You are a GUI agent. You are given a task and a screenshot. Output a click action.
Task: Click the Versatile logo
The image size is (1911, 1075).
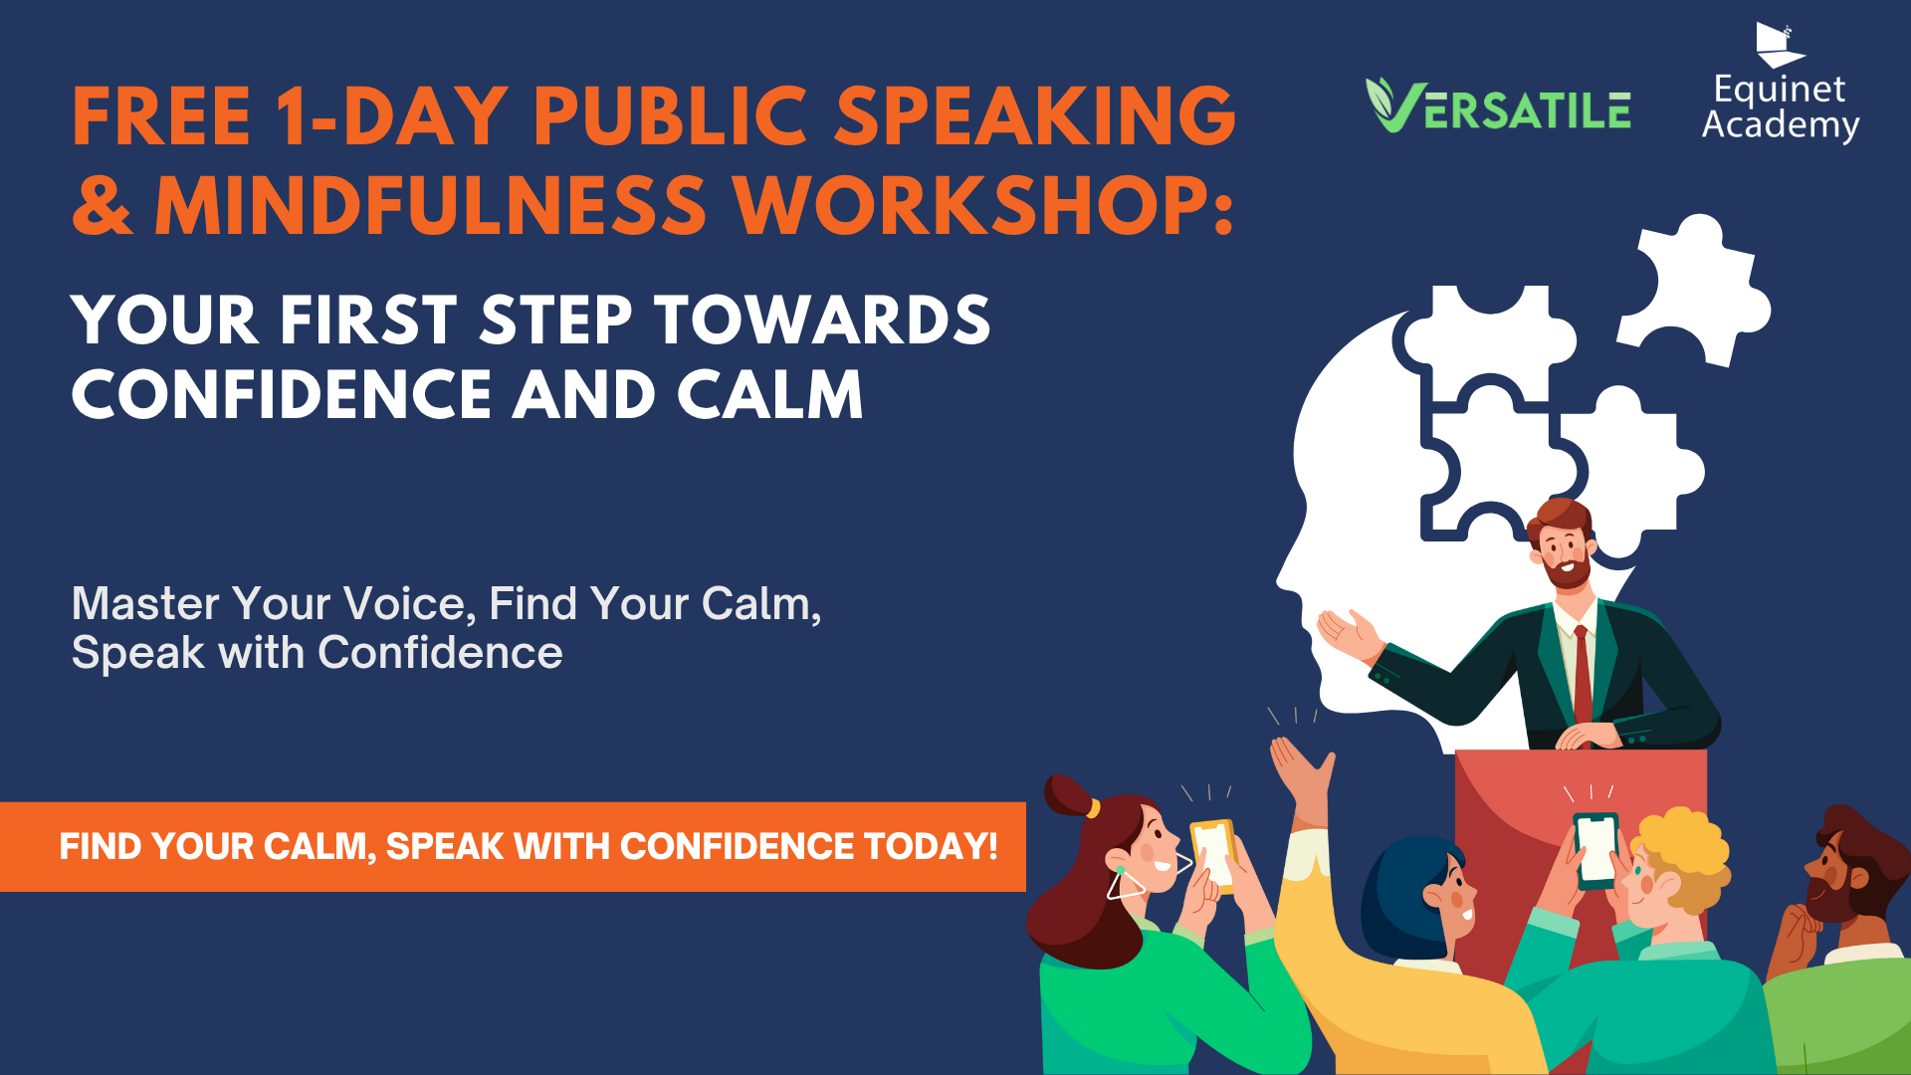1498,106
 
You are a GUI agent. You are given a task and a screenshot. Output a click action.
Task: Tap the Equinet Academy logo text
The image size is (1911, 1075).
1781,107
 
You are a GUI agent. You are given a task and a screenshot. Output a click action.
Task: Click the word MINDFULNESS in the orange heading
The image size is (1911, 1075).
430,205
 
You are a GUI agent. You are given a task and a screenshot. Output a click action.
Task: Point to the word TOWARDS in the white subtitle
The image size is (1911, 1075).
822,321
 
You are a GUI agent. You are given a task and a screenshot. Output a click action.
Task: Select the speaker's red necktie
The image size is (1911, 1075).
1582,674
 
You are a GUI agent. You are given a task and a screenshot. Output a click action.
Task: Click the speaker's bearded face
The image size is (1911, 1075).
1565,548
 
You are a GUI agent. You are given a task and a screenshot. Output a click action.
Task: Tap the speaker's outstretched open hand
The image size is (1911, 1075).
1349,634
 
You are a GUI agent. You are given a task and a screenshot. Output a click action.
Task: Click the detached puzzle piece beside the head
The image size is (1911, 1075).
1693,290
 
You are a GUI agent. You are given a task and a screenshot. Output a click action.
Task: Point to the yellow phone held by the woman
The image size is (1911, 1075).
1213,855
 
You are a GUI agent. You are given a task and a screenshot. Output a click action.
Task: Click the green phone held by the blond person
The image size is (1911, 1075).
1595,850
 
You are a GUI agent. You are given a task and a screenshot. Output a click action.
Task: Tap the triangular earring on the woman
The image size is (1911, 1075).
1125,883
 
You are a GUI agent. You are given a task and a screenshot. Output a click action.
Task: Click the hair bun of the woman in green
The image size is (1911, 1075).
1068,795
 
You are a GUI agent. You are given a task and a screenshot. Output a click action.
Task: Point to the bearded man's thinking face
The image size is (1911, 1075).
1829,880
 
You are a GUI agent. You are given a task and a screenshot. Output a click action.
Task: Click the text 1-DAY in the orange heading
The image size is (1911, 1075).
391,116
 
